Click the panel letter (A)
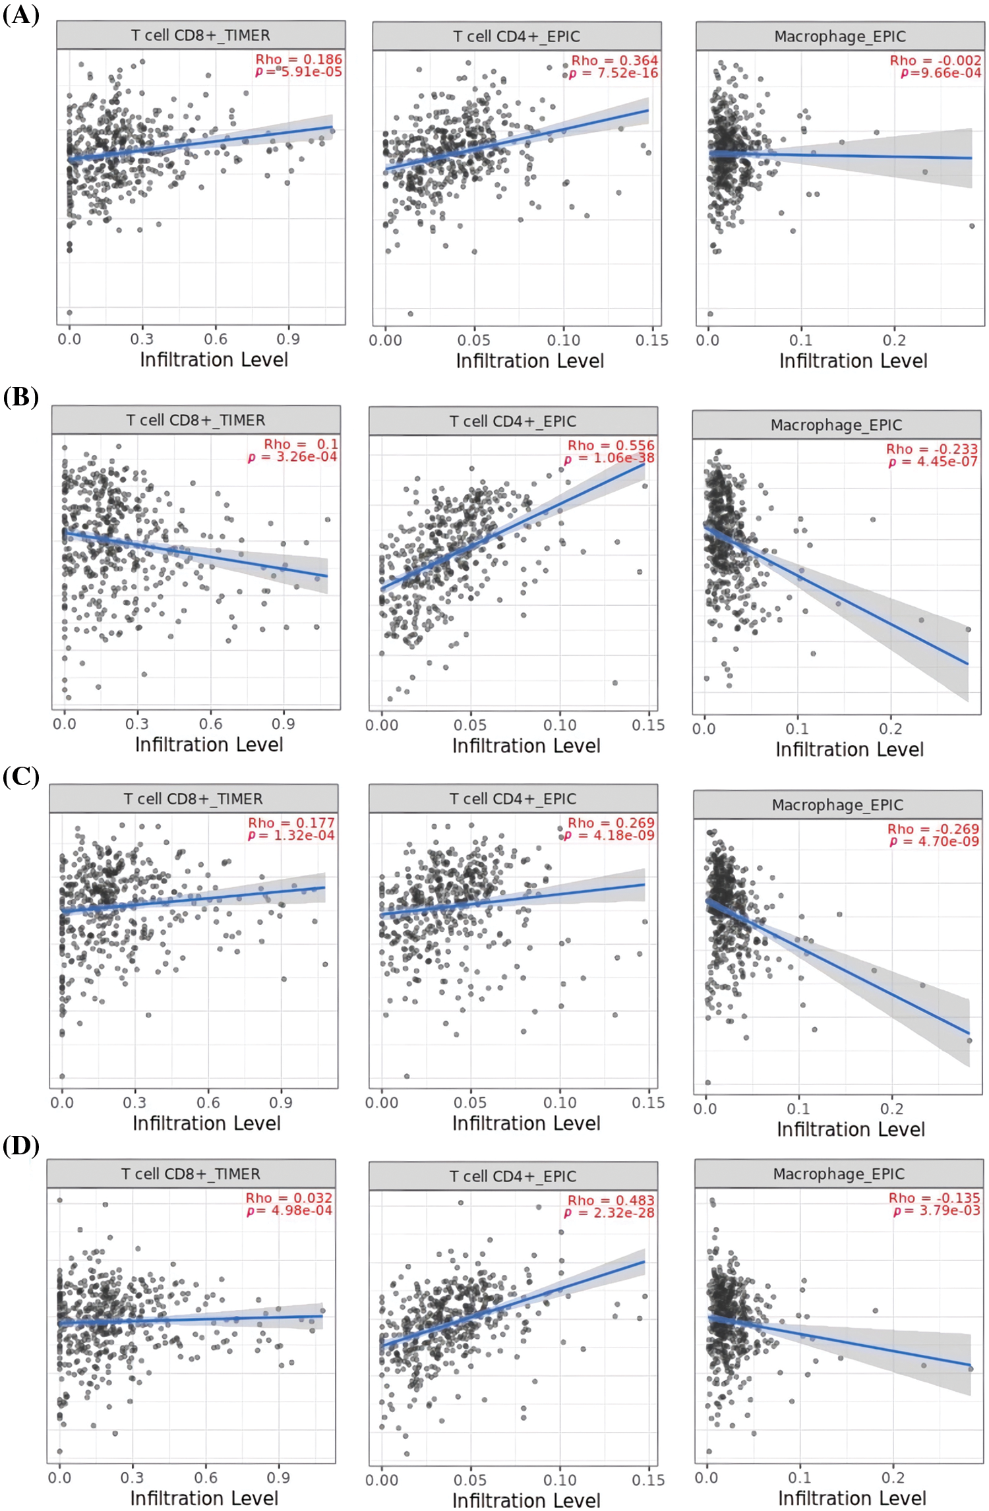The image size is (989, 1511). point(21,15)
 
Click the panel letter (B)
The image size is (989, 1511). point(21,397)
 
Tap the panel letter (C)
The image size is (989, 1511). point(21,777)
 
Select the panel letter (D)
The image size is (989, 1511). point(21,1146)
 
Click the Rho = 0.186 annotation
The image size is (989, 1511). point(299,59)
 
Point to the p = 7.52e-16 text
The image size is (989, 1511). point(613,73)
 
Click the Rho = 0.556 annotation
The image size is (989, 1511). point(611,446)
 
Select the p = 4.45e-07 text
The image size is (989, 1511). point(933,461)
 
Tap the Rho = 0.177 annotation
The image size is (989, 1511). point(291,823)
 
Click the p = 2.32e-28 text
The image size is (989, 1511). point(610,1212)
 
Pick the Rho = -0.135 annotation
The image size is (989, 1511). point(934,1198)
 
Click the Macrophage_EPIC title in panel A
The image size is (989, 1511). point(840,36)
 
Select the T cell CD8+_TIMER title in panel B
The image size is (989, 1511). point(196,420)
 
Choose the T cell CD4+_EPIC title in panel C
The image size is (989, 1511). point(513,798)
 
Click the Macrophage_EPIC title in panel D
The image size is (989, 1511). point(839,1173)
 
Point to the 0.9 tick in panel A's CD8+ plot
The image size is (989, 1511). point(288,339)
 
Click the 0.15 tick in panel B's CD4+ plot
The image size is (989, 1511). point(648,725)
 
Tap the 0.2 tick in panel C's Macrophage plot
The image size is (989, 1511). point(892,1108)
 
